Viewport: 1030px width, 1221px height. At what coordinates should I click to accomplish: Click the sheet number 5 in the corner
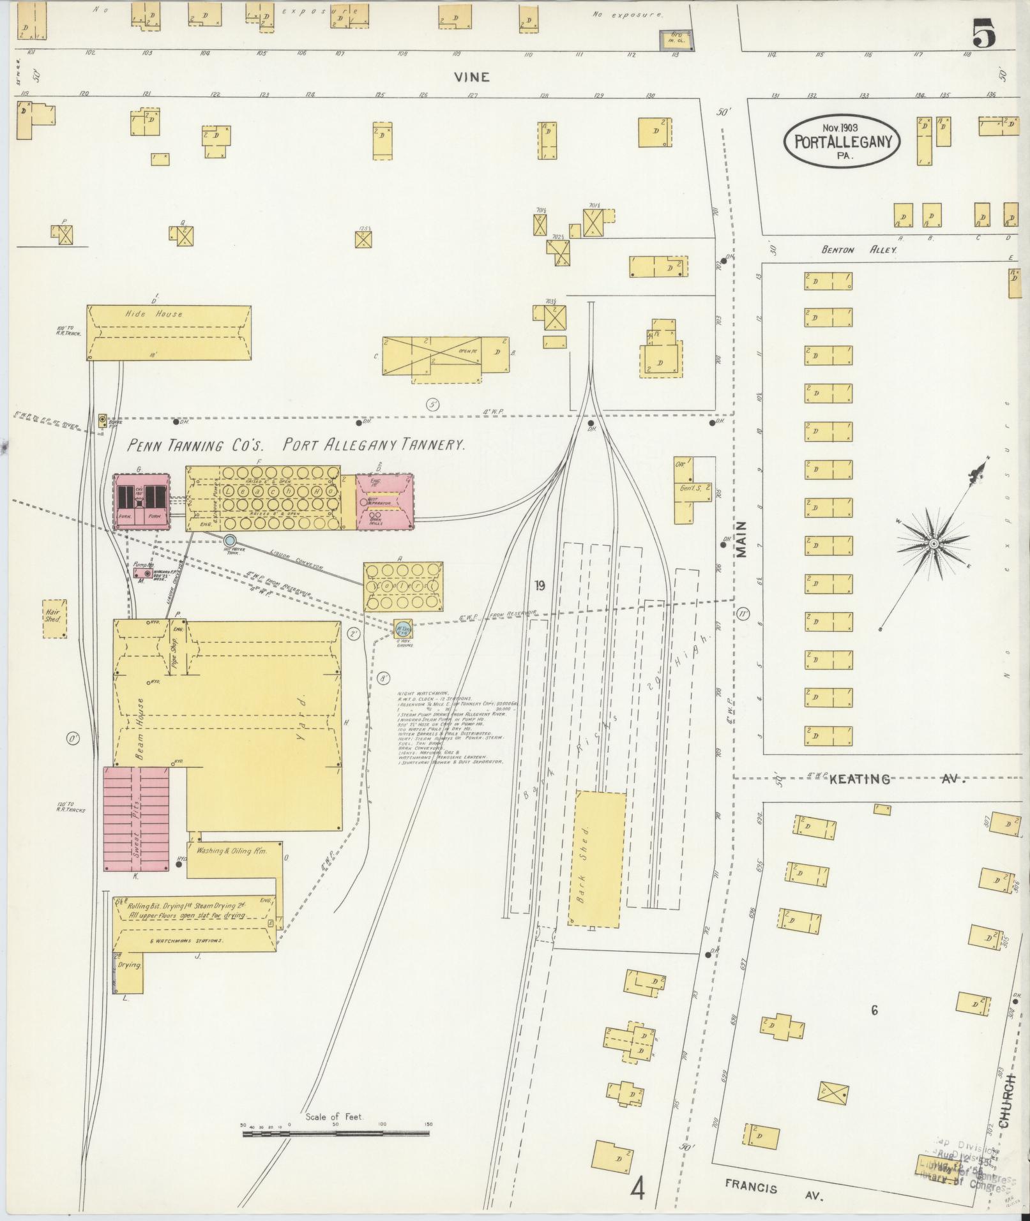(983, 33)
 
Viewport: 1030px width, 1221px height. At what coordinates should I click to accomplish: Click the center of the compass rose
(933, 543)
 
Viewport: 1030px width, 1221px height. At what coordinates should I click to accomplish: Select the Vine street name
(472, 77)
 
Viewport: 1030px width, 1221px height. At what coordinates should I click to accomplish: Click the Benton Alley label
(859, 250)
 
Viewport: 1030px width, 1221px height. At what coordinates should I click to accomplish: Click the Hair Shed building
(54, 618)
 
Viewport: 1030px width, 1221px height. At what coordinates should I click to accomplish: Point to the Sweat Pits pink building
(137, 820)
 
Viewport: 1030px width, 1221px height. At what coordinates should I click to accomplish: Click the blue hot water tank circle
(230, 540)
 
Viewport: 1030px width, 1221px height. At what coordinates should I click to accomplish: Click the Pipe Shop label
(173, 652)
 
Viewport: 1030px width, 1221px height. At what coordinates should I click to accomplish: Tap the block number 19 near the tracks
(540, 585)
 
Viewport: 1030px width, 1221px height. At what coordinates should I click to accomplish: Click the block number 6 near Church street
(874, 1010)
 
